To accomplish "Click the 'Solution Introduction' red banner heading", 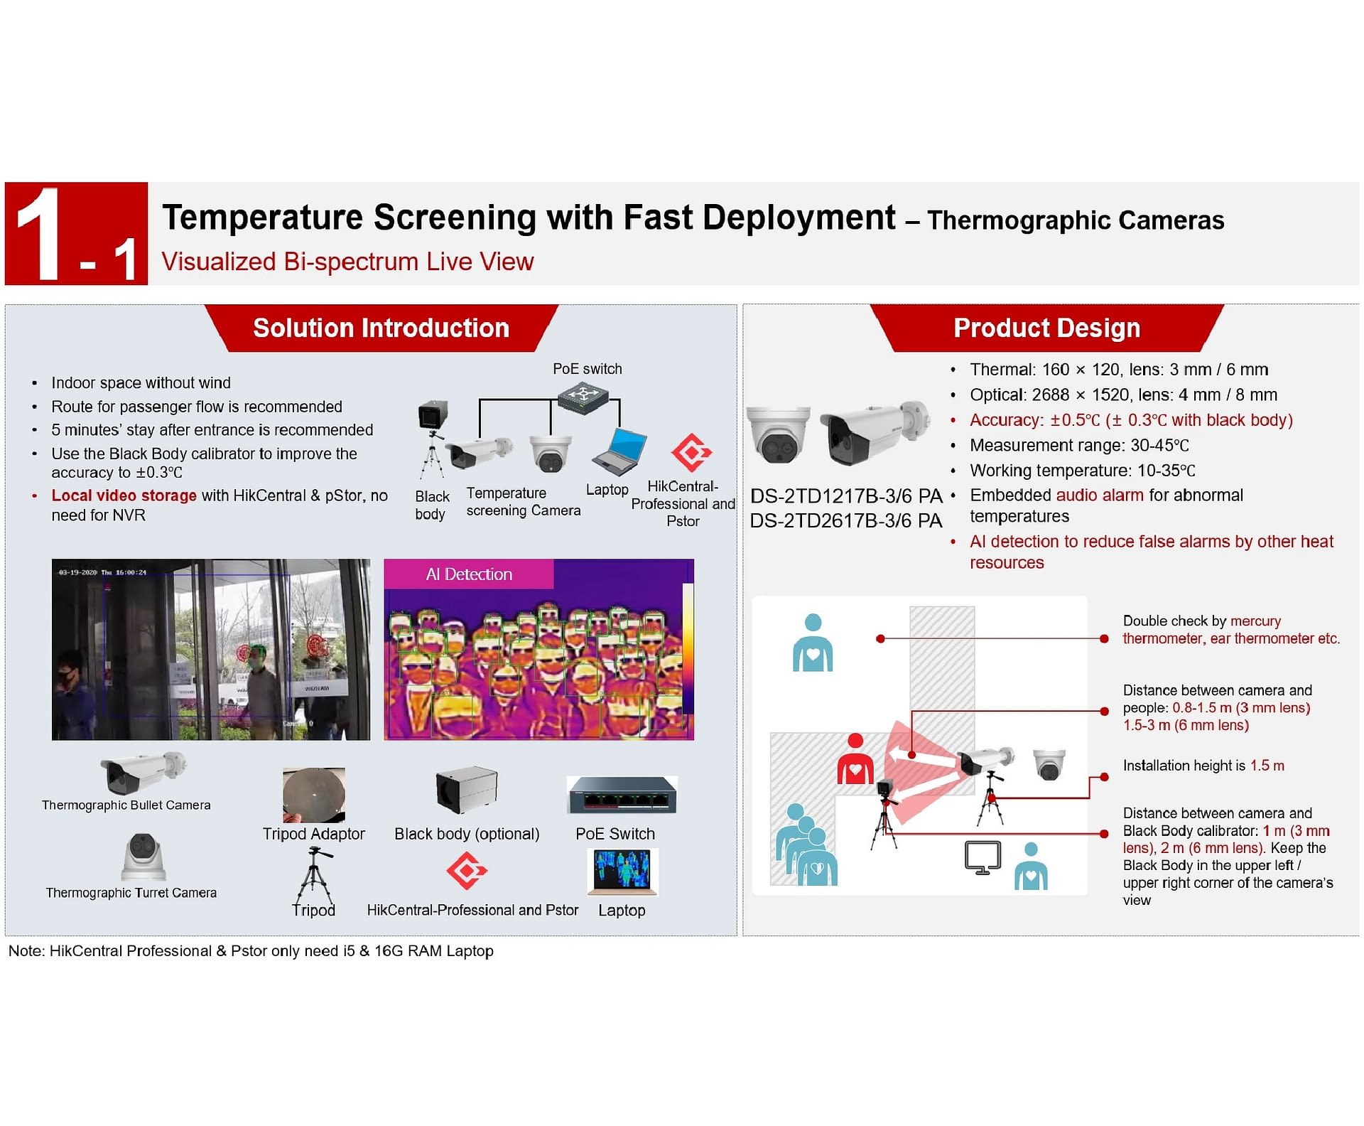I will tap(381, 328).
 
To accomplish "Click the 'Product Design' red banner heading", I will tap(1046, 328).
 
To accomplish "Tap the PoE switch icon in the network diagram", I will tap(583, 397).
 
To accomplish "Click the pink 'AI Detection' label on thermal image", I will tap(469, 574).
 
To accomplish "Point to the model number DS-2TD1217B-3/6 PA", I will tap(845, 495).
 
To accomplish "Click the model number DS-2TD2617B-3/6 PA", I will tap(845, 520).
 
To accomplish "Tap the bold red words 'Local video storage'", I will tap(124, 495).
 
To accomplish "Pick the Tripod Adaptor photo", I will tap(313, 795).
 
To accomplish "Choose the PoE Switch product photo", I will tap(622, 795).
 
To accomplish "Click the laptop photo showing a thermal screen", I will tap(622, 872).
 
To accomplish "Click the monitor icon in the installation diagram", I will tap(983, 857).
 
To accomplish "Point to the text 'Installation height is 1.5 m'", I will tap(1203, 766).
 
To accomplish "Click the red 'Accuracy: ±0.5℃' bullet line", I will tap(1130, 420).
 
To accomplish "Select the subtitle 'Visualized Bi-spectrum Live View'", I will tap(347, 262).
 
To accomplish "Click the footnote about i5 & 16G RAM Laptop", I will tap(251, 951).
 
